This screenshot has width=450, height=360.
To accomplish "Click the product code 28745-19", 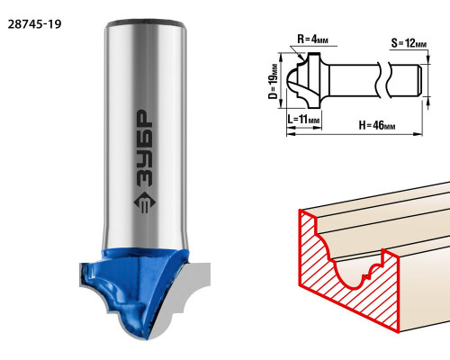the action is pyautogui.click(x=34, y=24).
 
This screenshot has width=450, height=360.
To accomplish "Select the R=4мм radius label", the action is pyautogui.click(x=312, y=40).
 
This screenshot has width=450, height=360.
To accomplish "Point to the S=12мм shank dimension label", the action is pyautogui.click(x=409, y=43).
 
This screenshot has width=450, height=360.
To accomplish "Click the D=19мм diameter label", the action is pyautogui.click(x=273, y=81).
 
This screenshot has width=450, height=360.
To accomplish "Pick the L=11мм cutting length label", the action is pyautogui.click(x=303, y=120).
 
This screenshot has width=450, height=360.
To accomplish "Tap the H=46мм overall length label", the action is pyautogui.click(x=377, y=125).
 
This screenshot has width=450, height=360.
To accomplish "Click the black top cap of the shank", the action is pyautogui.click(x=146, y=23).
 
